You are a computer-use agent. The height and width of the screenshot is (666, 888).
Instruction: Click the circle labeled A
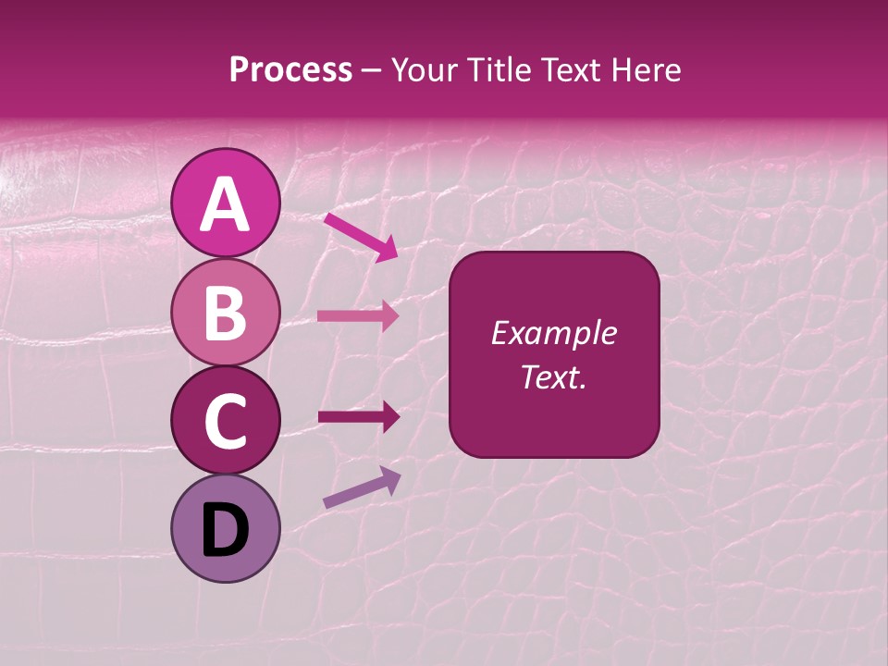(226, 203)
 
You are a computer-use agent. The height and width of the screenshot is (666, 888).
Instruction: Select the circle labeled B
(226, 312)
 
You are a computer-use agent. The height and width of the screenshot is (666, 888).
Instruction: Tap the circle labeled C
(226, 420)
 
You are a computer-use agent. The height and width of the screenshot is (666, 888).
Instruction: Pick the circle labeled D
(226, 528)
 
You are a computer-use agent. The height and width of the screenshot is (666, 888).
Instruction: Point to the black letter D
(226, 531)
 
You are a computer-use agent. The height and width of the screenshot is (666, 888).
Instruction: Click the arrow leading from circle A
(361, 236)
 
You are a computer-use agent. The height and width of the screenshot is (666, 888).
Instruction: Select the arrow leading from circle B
(358, 315)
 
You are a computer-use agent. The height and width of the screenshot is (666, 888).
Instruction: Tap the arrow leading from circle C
(358, 417)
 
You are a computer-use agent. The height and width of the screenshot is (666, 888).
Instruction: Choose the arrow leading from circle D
(362, 488)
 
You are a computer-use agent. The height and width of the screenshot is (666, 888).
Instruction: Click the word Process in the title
(290, 70)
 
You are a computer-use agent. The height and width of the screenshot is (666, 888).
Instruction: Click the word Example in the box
(554, 333)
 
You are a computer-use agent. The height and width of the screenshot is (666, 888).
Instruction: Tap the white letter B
(226, 314)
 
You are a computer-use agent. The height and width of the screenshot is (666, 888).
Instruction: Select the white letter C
(226, 422)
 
